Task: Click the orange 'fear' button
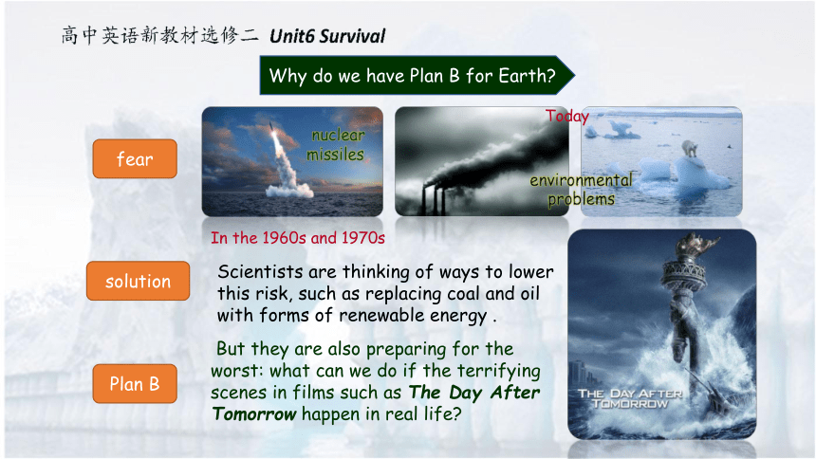[135, 158]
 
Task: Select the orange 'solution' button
[138, 281]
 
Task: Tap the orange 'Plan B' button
[135, 384]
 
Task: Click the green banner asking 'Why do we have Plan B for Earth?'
[417, 76]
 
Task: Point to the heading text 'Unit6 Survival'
[327, 36]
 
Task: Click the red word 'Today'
[566, 116]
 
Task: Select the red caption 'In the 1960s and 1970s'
[298, 238]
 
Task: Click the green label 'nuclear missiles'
[336, 145]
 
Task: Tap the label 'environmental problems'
[582, 190]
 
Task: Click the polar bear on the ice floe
[690, 148]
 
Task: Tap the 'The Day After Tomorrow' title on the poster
[630, 398]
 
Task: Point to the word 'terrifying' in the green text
[498, 372]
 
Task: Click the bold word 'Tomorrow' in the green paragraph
[254, 414]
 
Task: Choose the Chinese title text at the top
[159, 35]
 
